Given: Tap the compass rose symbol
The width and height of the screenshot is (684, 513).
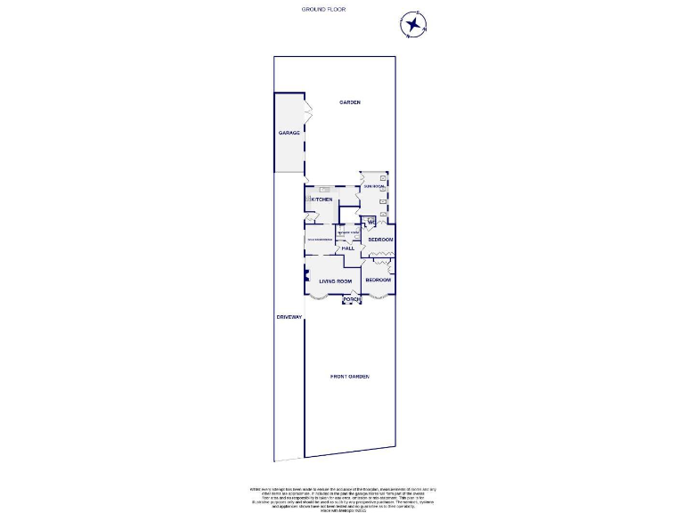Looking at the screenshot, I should (x=413, y=24).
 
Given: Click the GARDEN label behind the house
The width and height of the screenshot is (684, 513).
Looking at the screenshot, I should (x=350, y=103).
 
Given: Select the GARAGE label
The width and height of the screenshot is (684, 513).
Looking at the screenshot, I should (x=289, y=133).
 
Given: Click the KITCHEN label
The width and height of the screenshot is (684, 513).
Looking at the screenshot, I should (x=322, y=199).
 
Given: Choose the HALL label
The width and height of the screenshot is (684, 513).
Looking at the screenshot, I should (x=347, y=248).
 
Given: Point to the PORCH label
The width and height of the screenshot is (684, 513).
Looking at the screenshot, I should (x=352, y=299).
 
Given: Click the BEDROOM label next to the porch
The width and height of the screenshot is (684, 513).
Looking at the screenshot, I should (x=378, y=280).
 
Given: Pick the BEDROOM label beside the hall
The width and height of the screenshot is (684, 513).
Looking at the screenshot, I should (x=380, y=240).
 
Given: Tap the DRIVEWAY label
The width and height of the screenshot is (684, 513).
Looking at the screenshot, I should (x=289, y=317).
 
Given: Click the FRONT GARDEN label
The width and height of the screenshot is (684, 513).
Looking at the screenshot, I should (x=349, y=377).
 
